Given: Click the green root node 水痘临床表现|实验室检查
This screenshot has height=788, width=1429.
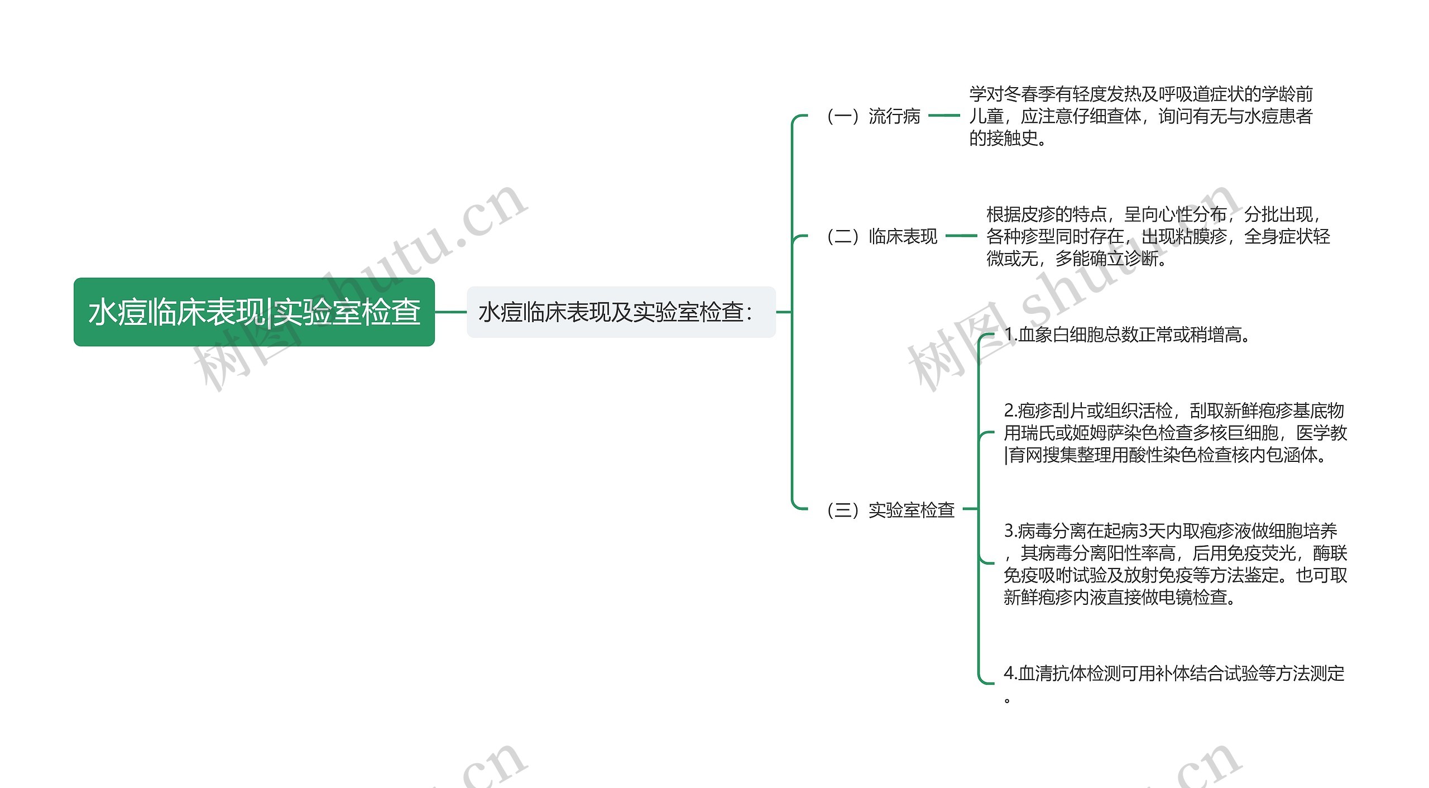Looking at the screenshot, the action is coord(254,312).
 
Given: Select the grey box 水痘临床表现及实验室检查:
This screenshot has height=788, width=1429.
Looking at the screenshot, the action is coord(621,312).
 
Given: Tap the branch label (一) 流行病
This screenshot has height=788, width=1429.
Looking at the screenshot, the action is coord(873,116).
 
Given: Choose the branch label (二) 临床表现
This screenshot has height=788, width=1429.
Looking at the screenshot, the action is coord(882,236).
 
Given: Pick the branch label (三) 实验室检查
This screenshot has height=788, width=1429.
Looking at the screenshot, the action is coord(890,510).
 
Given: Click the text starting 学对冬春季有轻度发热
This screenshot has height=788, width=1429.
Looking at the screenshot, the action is coord(1140,116).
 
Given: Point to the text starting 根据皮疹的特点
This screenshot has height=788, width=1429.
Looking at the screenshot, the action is coord(1158,236).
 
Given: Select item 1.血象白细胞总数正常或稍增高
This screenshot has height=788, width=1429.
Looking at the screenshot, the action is coord(1127,335).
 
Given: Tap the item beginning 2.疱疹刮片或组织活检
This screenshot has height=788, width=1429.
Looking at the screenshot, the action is coord(1175,433).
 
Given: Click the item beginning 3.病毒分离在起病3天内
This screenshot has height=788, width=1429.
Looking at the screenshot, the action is coord(1175,564).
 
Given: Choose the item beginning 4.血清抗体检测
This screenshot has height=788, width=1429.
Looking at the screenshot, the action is coord(1174,674).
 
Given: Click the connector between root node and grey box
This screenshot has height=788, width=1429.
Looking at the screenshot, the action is coord(450,312).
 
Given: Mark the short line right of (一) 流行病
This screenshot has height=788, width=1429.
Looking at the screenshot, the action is coord(944,116).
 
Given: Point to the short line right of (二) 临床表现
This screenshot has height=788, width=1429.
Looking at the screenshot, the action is coord(961,236).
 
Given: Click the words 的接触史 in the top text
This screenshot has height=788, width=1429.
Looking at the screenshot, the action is coord(1003,138).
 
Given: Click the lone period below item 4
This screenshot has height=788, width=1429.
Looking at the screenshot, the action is coord(1007,700).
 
